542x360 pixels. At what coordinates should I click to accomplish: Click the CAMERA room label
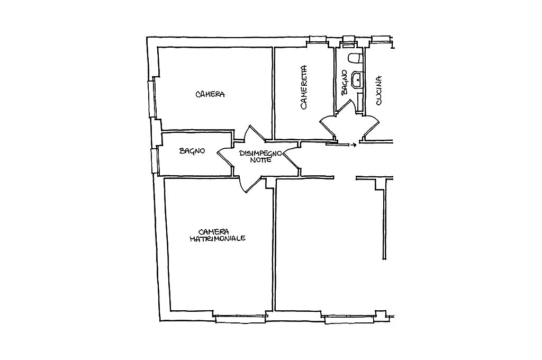coord(210,94)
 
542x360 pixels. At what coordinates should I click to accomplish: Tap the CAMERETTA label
coord(304,87)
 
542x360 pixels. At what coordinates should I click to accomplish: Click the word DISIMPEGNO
coord(261,153)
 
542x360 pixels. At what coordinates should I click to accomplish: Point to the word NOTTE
coord(261,160)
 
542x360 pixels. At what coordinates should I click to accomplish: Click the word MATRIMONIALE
coord(218,239)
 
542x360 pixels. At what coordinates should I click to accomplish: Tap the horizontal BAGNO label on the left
coord(192,151)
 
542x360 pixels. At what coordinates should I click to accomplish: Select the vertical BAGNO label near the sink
coord(344,83)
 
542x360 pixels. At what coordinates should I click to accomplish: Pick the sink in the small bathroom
coord(357,79)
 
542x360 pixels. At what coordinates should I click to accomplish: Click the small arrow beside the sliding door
coord(353,145)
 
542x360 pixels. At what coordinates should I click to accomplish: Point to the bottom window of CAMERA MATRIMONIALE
coord(240,317)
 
